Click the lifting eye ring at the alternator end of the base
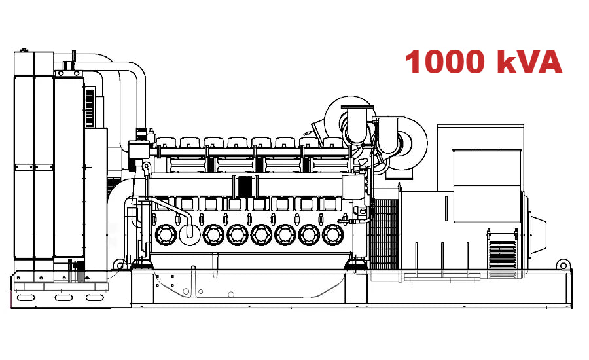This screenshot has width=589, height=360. coord(562,264)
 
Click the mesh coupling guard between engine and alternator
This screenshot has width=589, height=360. coord(385,232)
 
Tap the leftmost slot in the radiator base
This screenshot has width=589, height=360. coord(26,298)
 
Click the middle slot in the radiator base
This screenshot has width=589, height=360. coord(63,298)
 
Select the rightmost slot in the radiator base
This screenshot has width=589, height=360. coord(96,298)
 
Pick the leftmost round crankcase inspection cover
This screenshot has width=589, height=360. coord(164,234)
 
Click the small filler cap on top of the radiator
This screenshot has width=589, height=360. coord(24,50)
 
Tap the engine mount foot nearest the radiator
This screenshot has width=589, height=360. coord(140,264)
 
